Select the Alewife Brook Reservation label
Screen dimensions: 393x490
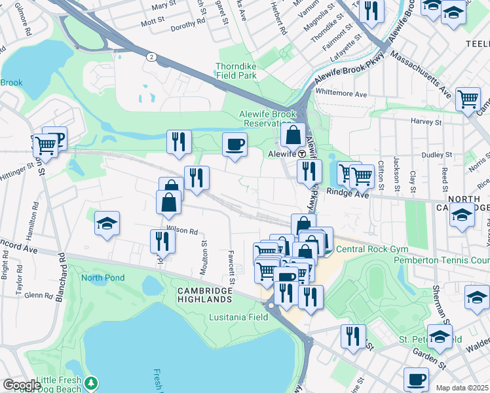[x=267, y=119]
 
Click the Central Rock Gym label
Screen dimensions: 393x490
[x=371, y=250]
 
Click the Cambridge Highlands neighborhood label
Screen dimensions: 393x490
[x=204, y=295]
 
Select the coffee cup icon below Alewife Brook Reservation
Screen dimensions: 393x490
[x=235, y=144]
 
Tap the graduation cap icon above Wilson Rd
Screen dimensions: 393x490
[x=107, y=223]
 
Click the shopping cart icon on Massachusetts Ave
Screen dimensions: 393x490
[x=468, y=99]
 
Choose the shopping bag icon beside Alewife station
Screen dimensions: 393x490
[x=293, y=135]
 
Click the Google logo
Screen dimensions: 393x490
[x=22, y=385]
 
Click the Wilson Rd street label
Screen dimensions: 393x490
[x=182, y=231]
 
